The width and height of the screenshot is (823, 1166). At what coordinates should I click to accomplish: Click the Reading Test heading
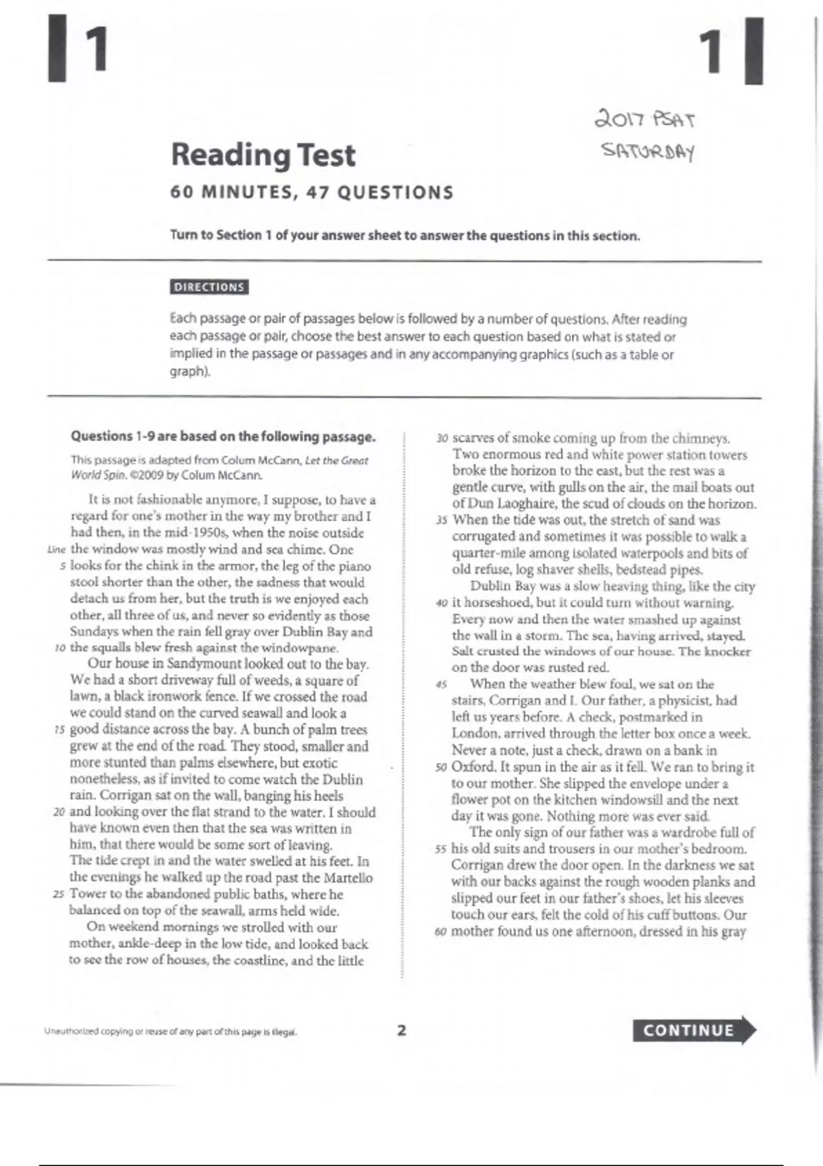click(263, 155)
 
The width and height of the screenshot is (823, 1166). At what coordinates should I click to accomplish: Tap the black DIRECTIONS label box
click(209, 287)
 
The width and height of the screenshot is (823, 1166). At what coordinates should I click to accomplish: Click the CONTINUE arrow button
click(693, 1030)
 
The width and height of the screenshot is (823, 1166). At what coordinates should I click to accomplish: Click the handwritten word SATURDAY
click(648, 150)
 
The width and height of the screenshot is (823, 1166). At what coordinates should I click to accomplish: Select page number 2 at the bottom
click(402, 1030)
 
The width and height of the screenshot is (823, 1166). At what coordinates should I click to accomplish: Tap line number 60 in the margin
click(442, 932)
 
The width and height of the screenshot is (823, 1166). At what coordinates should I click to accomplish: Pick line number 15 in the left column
click(59, 730)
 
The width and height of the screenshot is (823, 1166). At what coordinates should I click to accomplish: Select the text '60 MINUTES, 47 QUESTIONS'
click(312, 193)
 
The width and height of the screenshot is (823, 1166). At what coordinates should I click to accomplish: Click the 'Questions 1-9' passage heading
click(223, 436)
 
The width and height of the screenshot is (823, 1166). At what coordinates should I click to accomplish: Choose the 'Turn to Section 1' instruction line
click(405, 235)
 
